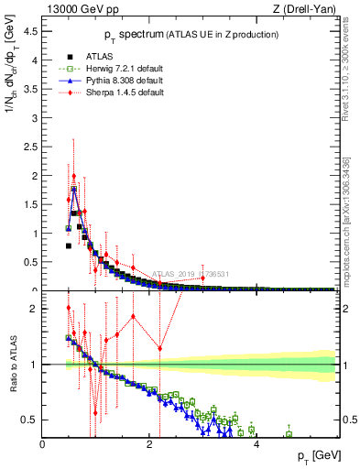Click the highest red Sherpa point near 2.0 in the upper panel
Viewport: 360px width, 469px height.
74,176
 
